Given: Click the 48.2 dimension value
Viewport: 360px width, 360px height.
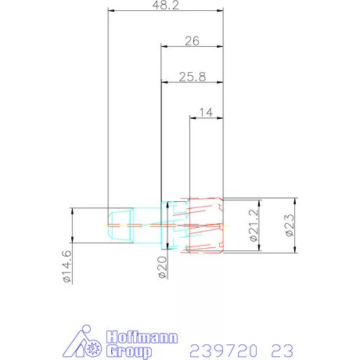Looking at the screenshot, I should (164, 5).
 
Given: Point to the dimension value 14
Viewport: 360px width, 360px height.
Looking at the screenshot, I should (207, 112).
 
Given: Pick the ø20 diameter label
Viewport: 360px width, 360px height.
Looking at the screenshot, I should (162, 267).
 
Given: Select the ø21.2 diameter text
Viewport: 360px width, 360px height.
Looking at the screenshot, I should (253, 225).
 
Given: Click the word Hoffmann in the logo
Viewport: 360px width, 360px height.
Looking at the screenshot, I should (140, 337).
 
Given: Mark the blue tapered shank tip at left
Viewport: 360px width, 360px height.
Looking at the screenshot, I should (119, 225).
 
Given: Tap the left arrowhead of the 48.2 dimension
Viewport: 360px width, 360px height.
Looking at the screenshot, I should (110, 11).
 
